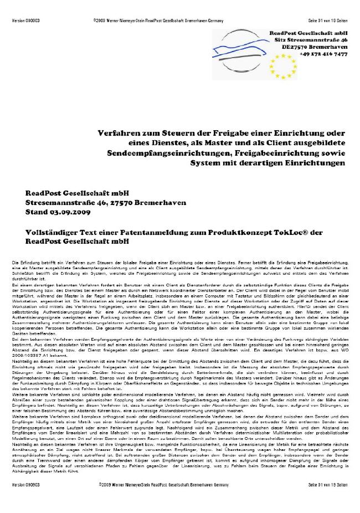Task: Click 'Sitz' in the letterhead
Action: [x=276, y=40]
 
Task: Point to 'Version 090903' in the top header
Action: [x=25, y=20]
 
